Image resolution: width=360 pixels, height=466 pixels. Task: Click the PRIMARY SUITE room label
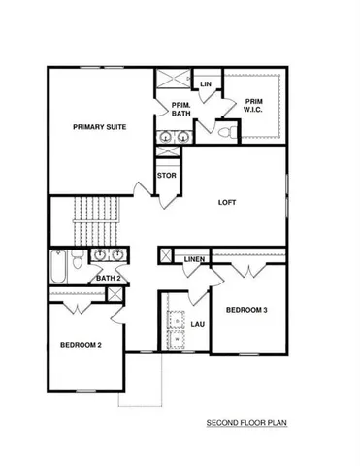(100, 126)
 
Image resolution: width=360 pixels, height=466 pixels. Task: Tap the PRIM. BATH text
(180, 109)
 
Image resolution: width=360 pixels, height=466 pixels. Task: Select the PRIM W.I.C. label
(253, 104)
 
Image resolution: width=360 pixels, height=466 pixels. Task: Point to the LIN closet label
(205, 84)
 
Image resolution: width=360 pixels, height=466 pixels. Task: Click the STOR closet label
(167, 176)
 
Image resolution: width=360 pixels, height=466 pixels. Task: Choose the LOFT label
(227, 202)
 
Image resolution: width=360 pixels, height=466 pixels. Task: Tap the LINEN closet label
(194, 259)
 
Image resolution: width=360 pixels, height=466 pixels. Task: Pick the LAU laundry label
(197, 324)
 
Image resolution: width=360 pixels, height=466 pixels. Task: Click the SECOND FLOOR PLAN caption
(245, 423)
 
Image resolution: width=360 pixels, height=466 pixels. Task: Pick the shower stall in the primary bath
(174, 82)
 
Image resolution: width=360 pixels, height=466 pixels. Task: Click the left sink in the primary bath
(164, 139)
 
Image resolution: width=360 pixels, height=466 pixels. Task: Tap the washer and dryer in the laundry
(177, 321)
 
